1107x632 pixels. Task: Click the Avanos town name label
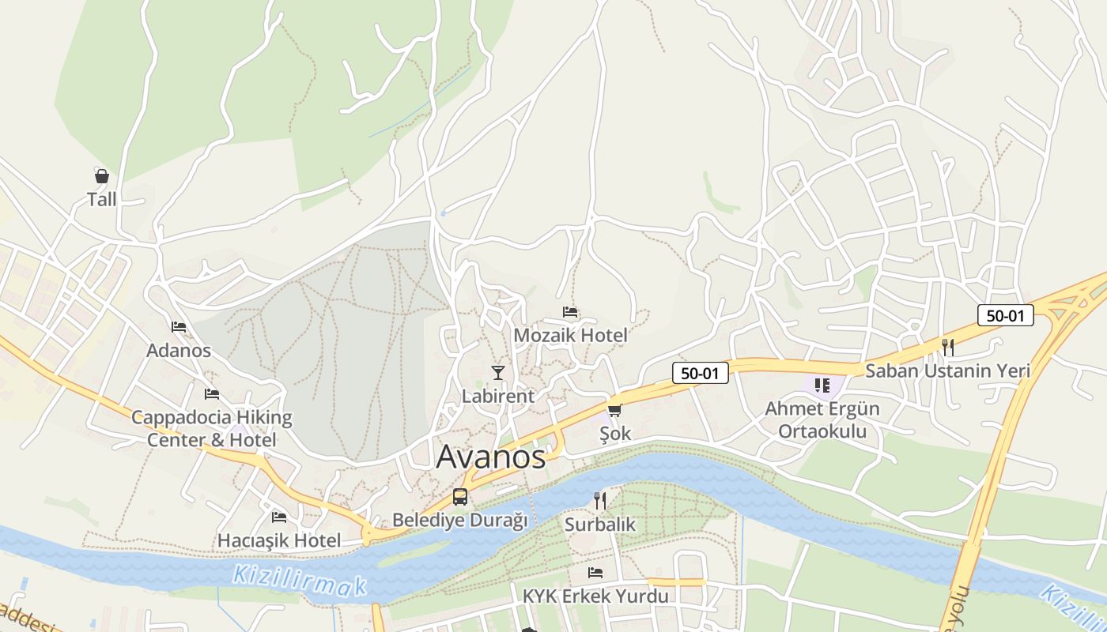[x=491, y=457]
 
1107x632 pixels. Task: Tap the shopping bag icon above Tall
[x=101, y=175]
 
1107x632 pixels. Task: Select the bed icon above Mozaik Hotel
[x=570, y=312]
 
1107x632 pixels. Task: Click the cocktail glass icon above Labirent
[x=497, y=372]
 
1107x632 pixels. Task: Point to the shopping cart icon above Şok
[x=614, y=410]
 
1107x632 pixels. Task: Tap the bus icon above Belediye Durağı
[x=459, y=497]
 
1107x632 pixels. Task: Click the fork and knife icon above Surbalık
[x=599, y=500]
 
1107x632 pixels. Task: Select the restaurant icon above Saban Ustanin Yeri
[x=947, y=347]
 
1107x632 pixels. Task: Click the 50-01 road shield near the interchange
[x=1005, y=315]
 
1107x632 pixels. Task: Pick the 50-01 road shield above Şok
[x=700, y=373]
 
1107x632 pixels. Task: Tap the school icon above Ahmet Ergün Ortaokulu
[x=822, y=386]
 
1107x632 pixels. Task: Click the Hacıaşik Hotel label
[x=279, y=541]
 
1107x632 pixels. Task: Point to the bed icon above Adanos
[x=179, y=326]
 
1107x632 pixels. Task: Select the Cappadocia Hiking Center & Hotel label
[x=211, y=428]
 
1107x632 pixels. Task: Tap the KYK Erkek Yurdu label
[x=595, y=596]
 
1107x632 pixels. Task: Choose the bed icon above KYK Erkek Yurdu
[x=595, y=572]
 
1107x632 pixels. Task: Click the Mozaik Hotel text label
[x=570, y=335]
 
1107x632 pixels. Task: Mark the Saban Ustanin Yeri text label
[x=947, y=371]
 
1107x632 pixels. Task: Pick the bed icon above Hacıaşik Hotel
[x=279, y=517]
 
